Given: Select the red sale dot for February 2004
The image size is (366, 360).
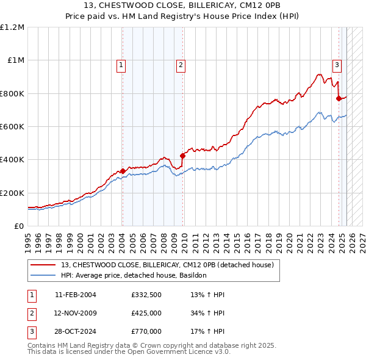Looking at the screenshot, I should (x=123, y=171).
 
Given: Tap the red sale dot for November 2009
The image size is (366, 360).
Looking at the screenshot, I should (x=182, y=156).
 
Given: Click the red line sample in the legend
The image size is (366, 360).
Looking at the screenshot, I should (x=42, y=265).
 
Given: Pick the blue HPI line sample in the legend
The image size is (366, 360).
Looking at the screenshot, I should (x=42, y=275).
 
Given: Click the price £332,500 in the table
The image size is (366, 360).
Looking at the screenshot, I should (x=146, y=295).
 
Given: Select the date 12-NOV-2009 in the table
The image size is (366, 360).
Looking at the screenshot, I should (x=76, y=313).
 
